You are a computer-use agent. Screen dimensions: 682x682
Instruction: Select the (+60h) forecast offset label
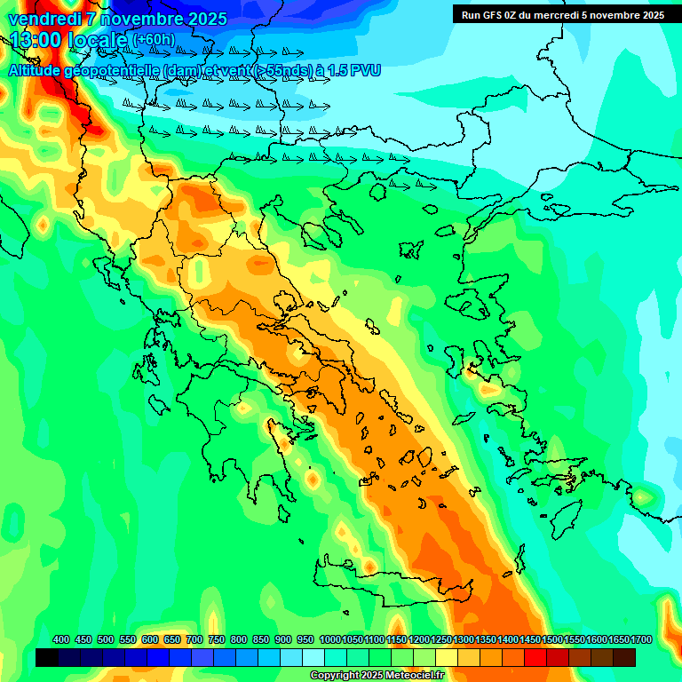154,40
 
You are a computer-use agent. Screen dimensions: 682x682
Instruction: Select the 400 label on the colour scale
61,640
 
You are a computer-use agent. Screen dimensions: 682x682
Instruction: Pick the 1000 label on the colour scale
329,640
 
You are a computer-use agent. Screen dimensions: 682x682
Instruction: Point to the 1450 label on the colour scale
530,640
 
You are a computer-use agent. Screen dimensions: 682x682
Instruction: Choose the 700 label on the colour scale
194,640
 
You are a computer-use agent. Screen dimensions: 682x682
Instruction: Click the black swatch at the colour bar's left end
47,657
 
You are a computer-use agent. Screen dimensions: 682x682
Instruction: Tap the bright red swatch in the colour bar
535,657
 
